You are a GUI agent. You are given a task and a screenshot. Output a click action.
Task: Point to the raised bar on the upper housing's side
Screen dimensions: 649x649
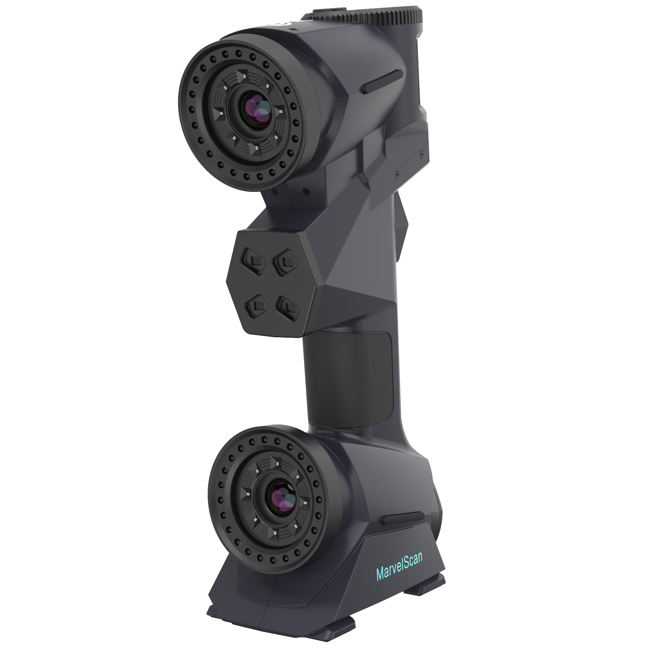click(x=383, y=82)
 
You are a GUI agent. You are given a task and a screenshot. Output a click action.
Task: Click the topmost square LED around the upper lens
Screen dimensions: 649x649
click(x=243, y=77)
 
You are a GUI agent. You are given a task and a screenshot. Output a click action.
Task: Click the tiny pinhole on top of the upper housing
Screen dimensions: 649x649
click(x=292, y=29)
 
